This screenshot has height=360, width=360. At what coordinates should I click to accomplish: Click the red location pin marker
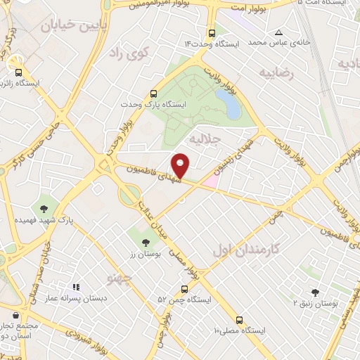click(181, 164)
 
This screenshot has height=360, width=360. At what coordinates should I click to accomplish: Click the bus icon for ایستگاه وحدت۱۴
click(212, 33)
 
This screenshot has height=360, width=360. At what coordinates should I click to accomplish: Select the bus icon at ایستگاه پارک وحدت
click(153, 94)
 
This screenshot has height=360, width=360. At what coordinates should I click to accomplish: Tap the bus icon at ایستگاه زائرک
click(18, 71)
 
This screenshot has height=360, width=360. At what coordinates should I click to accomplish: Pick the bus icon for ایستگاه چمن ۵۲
click(184, 288)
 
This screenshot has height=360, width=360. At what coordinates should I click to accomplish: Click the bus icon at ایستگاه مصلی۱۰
click(240, 319)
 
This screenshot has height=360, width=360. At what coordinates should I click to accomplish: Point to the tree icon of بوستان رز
click(146, 243)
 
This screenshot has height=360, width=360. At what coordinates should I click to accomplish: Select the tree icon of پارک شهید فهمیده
click(44, 208)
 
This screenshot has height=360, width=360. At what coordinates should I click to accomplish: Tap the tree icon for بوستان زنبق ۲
click(314, 292)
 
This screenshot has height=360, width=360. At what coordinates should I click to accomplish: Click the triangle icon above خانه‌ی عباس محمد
click(279, 32)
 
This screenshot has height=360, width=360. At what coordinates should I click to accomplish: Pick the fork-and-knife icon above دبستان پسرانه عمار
click(76, 287)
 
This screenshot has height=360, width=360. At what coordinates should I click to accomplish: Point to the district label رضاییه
click(276, 72)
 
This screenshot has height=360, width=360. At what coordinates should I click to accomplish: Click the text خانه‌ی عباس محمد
click(300, 43)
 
